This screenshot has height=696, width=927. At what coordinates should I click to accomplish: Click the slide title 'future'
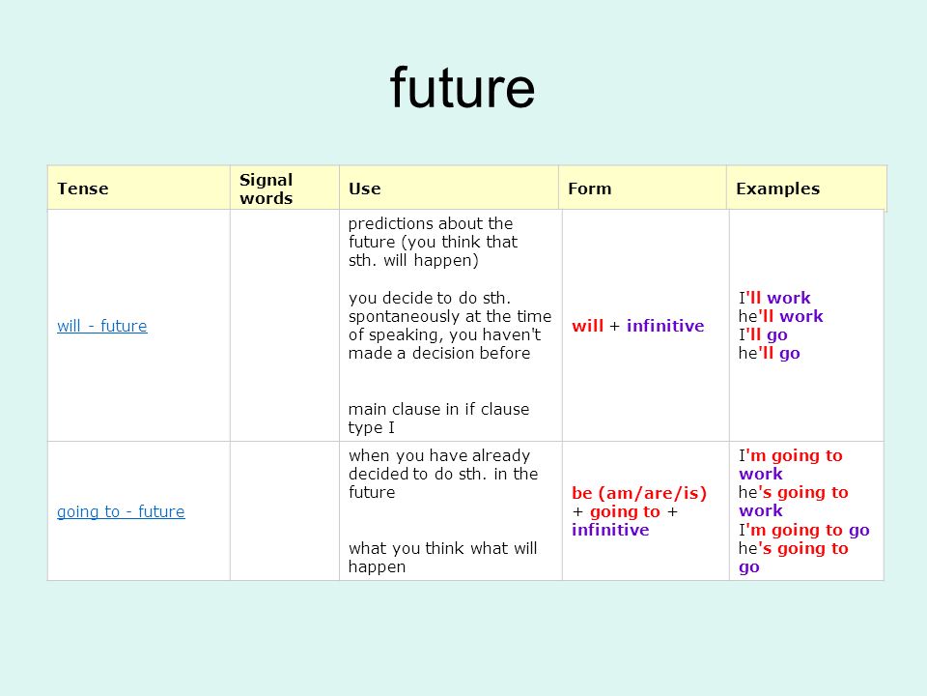coord(463,88)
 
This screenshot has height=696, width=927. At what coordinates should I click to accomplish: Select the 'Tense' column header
coord(83,188)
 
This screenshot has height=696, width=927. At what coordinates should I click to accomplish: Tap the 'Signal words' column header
coord(267,188)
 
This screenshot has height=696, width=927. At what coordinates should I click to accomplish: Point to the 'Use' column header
coord(364,188)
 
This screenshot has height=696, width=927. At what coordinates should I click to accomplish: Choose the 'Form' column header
coord(589,188)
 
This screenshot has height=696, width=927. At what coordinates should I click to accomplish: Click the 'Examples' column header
coord(777,188)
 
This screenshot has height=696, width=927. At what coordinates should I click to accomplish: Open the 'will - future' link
coord(102,326)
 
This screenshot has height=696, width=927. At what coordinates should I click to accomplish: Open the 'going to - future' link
coord(121,511)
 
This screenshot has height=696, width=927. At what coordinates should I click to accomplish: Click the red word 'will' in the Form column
coord(588,326)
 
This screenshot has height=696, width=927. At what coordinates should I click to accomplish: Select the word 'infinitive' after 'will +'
coord(665,326)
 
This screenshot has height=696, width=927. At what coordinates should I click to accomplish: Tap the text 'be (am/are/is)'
coord(639,493)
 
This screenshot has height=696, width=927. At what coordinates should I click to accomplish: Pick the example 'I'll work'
coord(774,298)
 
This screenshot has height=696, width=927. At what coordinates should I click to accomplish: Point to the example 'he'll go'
coord(770,354)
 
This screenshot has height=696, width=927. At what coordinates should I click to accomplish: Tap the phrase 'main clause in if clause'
coord(438,409)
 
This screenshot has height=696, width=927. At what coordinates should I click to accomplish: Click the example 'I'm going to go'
coord(804,531)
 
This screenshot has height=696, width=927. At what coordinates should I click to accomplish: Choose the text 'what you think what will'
coord(443,548)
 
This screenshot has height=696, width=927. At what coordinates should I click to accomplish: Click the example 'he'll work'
coord(780,316)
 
